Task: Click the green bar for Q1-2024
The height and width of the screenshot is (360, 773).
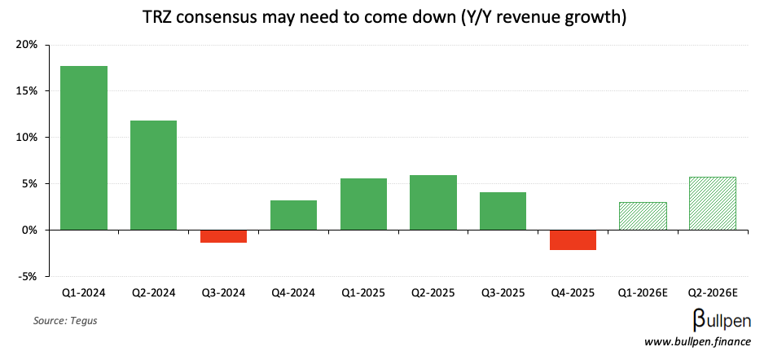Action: (84, 147)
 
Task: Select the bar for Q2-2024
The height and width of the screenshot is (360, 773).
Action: (154, 175)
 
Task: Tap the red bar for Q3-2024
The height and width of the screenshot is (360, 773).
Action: (223, 236)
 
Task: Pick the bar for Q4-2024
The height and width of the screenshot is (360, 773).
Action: (293, 215)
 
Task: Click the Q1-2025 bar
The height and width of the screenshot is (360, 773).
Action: (363, 204)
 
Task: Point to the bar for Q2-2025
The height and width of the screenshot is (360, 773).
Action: (433, 202)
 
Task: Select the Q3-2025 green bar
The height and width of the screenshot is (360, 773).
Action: (503, 211)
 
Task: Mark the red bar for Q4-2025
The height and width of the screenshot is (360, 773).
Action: (573, 239)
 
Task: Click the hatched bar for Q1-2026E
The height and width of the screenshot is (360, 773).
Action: (643, 216)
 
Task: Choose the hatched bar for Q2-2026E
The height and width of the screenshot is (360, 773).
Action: (713, 203)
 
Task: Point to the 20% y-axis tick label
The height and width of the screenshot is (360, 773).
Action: (27, 45)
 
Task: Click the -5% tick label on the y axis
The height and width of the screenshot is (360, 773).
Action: (27, 277)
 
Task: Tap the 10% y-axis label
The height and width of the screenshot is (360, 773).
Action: (27, 138)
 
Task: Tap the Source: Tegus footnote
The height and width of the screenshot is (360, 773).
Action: (65, 321)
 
